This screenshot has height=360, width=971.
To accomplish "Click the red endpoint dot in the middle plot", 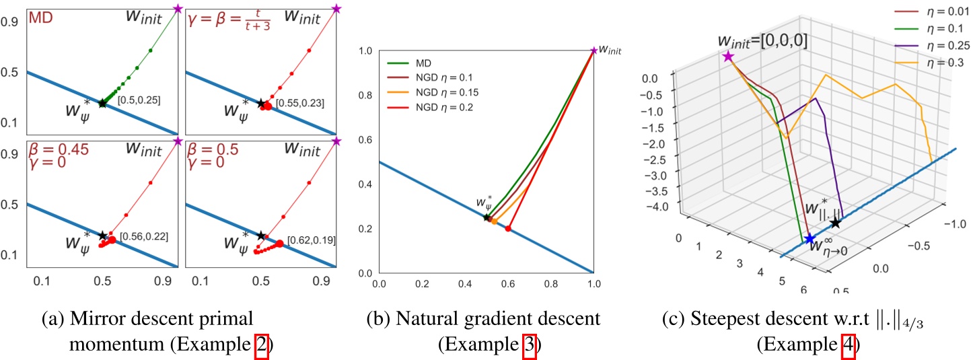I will click(x=508, y=229).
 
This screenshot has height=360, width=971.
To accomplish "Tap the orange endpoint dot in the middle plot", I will click(x=495, y=221).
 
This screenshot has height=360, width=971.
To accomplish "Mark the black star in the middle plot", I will click(x=487, y=217).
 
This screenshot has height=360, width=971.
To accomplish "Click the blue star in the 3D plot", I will click(x=809, y=239).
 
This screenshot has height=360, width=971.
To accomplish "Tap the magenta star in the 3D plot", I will click(x=727, y=57).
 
